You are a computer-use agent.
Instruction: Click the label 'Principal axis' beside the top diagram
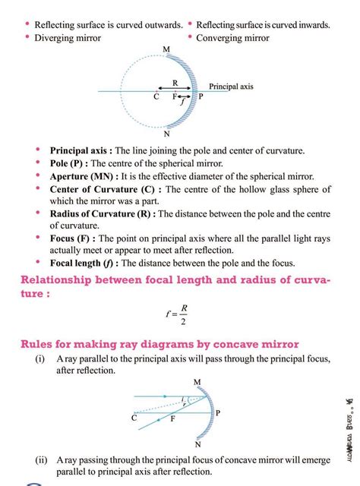[231, 87]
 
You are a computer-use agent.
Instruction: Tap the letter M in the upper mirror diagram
[166, 49]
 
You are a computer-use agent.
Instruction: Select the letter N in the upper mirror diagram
[166, 134]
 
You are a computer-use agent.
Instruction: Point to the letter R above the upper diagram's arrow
[175, 83]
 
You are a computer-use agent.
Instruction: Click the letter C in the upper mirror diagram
[156, 97]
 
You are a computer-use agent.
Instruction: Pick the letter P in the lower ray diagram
[217, 413]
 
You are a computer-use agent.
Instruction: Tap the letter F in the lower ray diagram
[172, 419]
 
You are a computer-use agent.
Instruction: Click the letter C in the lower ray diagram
[134, 417]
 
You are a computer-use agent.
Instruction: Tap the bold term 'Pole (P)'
[71, 163]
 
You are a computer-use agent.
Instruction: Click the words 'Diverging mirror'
[68, 37]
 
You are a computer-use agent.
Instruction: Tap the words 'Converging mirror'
[232, 37]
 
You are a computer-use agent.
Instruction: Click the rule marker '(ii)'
[39, 459]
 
